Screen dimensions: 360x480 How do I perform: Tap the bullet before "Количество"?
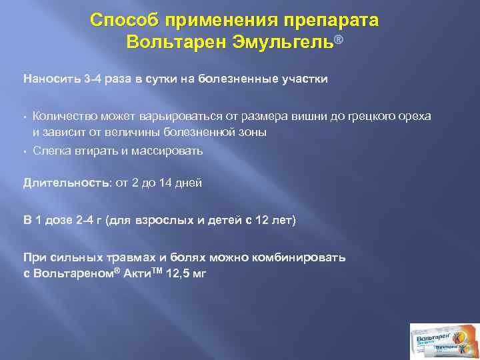pyautogui.click(x=25, y=117)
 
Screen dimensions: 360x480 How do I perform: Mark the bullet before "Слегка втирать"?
pyautogui.click(x=25, y=151)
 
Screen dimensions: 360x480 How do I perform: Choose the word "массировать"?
pyautogui.click(x=169, y=151)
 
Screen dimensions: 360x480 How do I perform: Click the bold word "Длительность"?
pyautogui.click(x=64, y=182)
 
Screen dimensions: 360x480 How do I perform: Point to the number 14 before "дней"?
pyautogui.click(x=167, y=182)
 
